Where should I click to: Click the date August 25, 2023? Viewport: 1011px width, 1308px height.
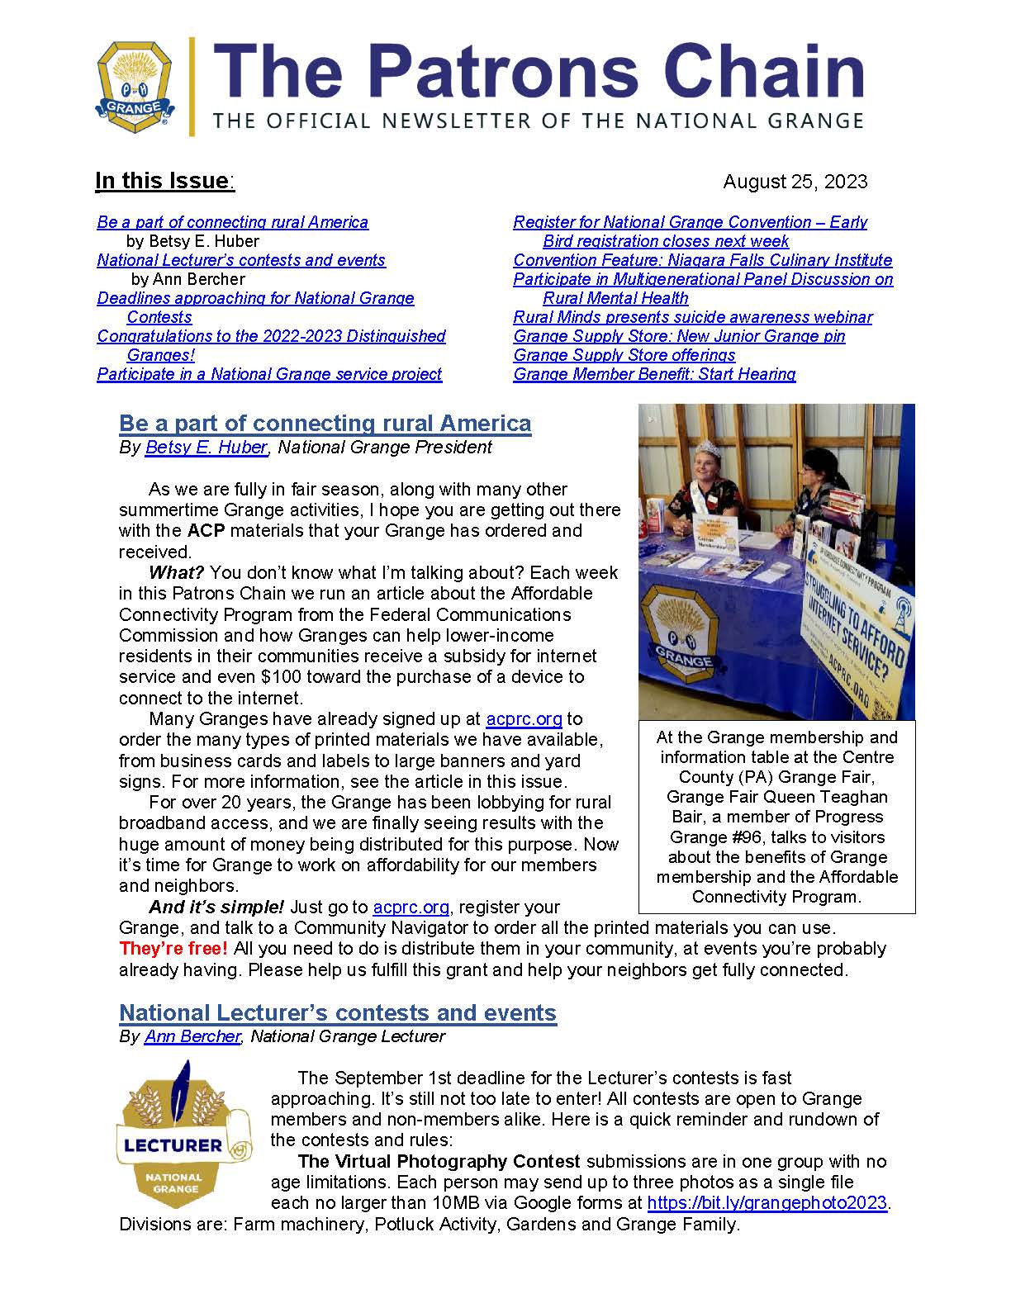pyautogui.click(x=795, y=182)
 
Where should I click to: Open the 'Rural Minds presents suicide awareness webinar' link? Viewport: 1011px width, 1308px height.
pyautogui.click(x=692, y=317)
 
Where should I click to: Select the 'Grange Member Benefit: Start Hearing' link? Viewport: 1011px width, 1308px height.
pyautogui.click(x=654, y=374)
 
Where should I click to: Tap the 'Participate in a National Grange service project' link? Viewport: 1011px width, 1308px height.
pyautogui.click(x=269, y=374)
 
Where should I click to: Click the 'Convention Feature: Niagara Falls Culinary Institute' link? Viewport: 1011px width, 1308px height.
pyautogui.click(x=702, y=260)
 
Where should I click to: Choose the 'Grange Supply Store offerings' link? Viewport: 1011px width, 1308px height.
pyautogui.click(x=624, y=355)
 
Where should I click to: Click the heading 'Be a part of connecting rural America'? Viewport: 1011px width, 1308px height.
pyautogui.click(x=325, y=424)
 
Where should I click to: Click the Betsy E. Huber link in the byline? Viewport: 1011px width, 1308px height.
pyautogui.click(x=206, y=448)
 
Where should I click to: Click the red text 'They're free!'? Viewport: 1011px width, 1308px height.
pyautogui.click(x=173, y=949)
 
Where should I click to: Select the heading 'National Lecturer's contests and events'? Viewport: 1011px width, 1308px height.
pyautogui.click(x=338, y=1013)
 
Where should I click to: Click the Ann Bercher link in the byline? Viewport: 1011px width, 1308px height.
pyautogui.click(x=192, y=1036)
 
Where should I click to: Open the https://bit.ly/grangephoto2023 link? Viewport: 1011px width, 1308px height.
pyautogui.click(x=767, y=1203)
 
